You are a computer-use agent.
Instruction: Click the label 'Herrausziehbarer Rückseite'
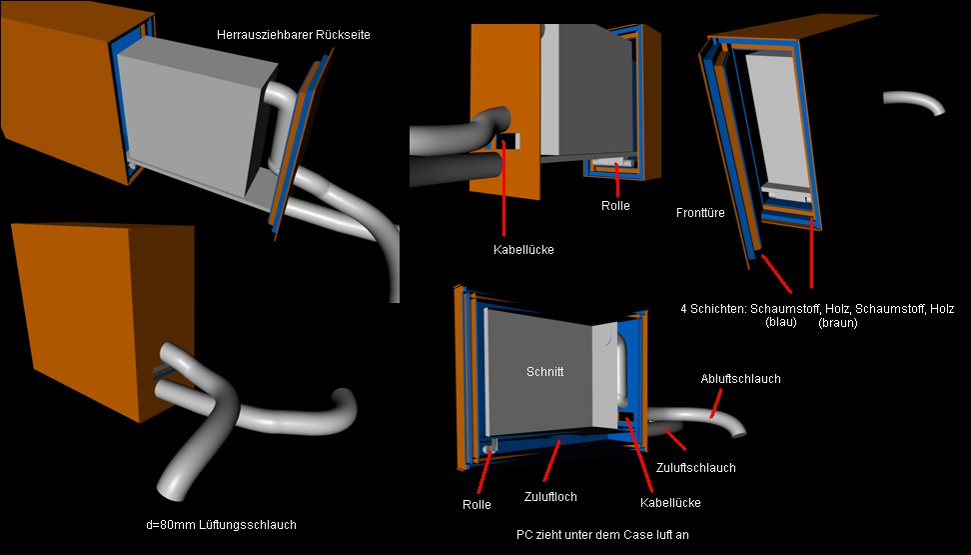point(293,35)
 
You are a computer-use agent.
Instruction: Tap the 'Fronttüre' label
point(700,212)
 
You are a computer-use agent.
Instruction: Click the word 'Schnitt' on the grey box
point(545,371)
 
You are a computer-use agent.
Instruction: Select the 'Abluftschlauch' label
point(740,379)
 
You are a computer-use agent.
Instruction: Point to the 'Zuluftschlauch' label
point(696,467)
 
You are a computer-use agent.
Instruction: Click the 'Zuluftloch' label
point(550,496)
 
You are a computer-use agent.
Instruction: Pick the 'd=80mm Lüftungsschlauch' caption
point(221,524)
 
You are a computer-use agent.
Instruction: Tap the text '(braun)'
point(836,323)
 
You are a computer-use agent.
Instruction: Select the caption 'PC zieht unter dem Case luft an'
point(602,535)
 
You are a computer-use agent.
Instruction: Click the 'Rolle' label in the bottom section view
point(477,504)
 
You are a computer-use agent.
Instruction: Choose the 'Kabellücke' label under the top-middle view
point(523,250)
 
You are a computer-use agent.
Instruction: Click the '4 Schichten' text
point(711,309)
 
